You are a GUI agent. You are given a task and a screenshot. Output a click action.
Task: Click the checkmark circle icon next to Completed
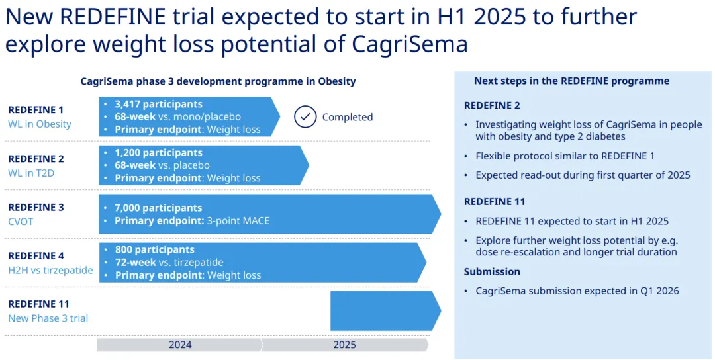tap(305, 116)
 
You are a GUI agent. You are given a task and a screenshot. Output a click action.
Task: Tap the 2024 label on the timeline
tap(180, 345)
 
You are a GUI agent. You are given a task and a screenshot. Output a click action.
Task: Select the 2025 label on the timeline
tap(344, 345)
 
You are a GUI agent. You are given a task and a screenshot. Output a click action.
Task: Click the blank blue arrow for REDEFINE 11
tap(385, 311)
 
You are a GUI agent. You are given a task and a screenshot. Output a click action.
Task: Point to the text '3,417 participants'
tap(158, 104)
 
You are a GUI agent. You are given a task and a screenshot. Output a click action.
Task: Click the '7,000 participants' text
tap(158, 208)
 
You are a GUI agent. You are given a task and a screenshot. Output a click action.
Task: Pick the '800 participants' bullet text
tap(154, 249)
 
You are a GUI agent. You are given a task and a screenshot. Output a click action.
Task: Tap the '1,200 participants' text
tap(158, 153)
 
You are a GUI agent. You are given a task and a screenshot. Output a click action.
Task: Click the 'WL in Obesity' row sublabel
tap(40, 124)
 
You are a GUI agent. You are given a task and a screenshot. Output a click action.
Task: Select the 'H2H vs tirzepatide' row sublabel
tap(50, 270)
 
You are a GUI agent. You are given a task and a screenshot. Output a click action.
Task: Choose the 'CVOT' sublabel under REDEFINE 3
tap(21, 222)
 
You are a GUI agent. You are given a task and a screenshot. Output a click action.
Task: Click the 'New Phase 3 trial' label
tap(48, 318)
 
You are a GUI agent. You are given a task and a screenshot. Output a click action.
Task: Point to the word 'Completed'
tap(348, 117)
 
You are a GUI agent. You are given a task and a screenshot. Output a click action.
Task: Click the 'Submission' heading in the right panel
tap(492, 271)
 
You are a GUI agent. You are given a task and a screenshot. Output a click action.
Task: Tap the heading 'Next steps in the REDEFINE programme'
tap(572, 81)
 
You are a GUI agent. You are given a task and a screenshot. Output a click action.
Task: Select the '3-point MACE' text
tap(238, 221)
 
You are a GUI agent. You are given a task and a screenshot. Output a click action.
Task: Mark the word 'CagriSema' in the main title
tap(410, 44)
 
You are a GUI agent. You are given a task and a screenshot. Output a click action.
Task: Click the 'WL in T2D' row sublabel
tap(31, 173)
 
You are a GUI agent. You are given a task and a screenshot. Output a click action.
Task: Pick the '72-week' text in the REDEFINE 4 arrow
tap(135, 263)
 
